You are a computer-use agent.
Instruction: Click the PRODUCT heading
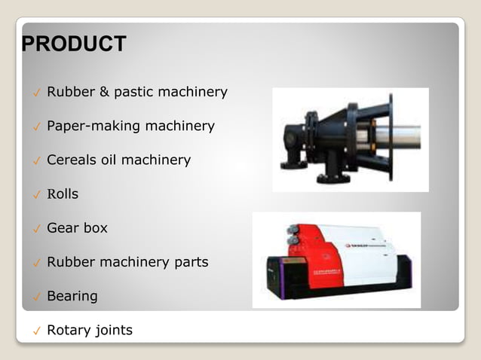(x=74, y=44)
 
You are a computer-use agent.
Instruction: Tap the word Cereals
(x=72, y=160)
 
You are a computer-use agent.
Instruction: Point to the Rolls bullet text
(x=63, y=194)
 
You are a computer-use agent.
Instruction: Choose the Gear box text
(x=77, y=227)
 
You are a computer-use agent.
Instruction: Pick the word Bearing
(x=72, y=296)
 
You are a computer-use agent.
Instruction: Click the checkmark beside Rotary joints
(x=35, y=331)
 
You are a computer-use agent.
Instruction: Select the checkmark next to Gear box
(x=35, y=229)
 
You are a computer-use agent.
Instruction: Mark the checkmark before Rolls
(x=35, y=195)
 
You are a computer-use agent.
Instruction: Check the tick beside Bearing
(x=35, y=297)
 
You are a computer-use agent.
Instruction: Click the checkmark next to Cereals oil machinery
(x=35, y=161)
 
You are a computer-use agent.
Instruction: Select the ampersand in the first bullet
(x=103, y=93)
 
